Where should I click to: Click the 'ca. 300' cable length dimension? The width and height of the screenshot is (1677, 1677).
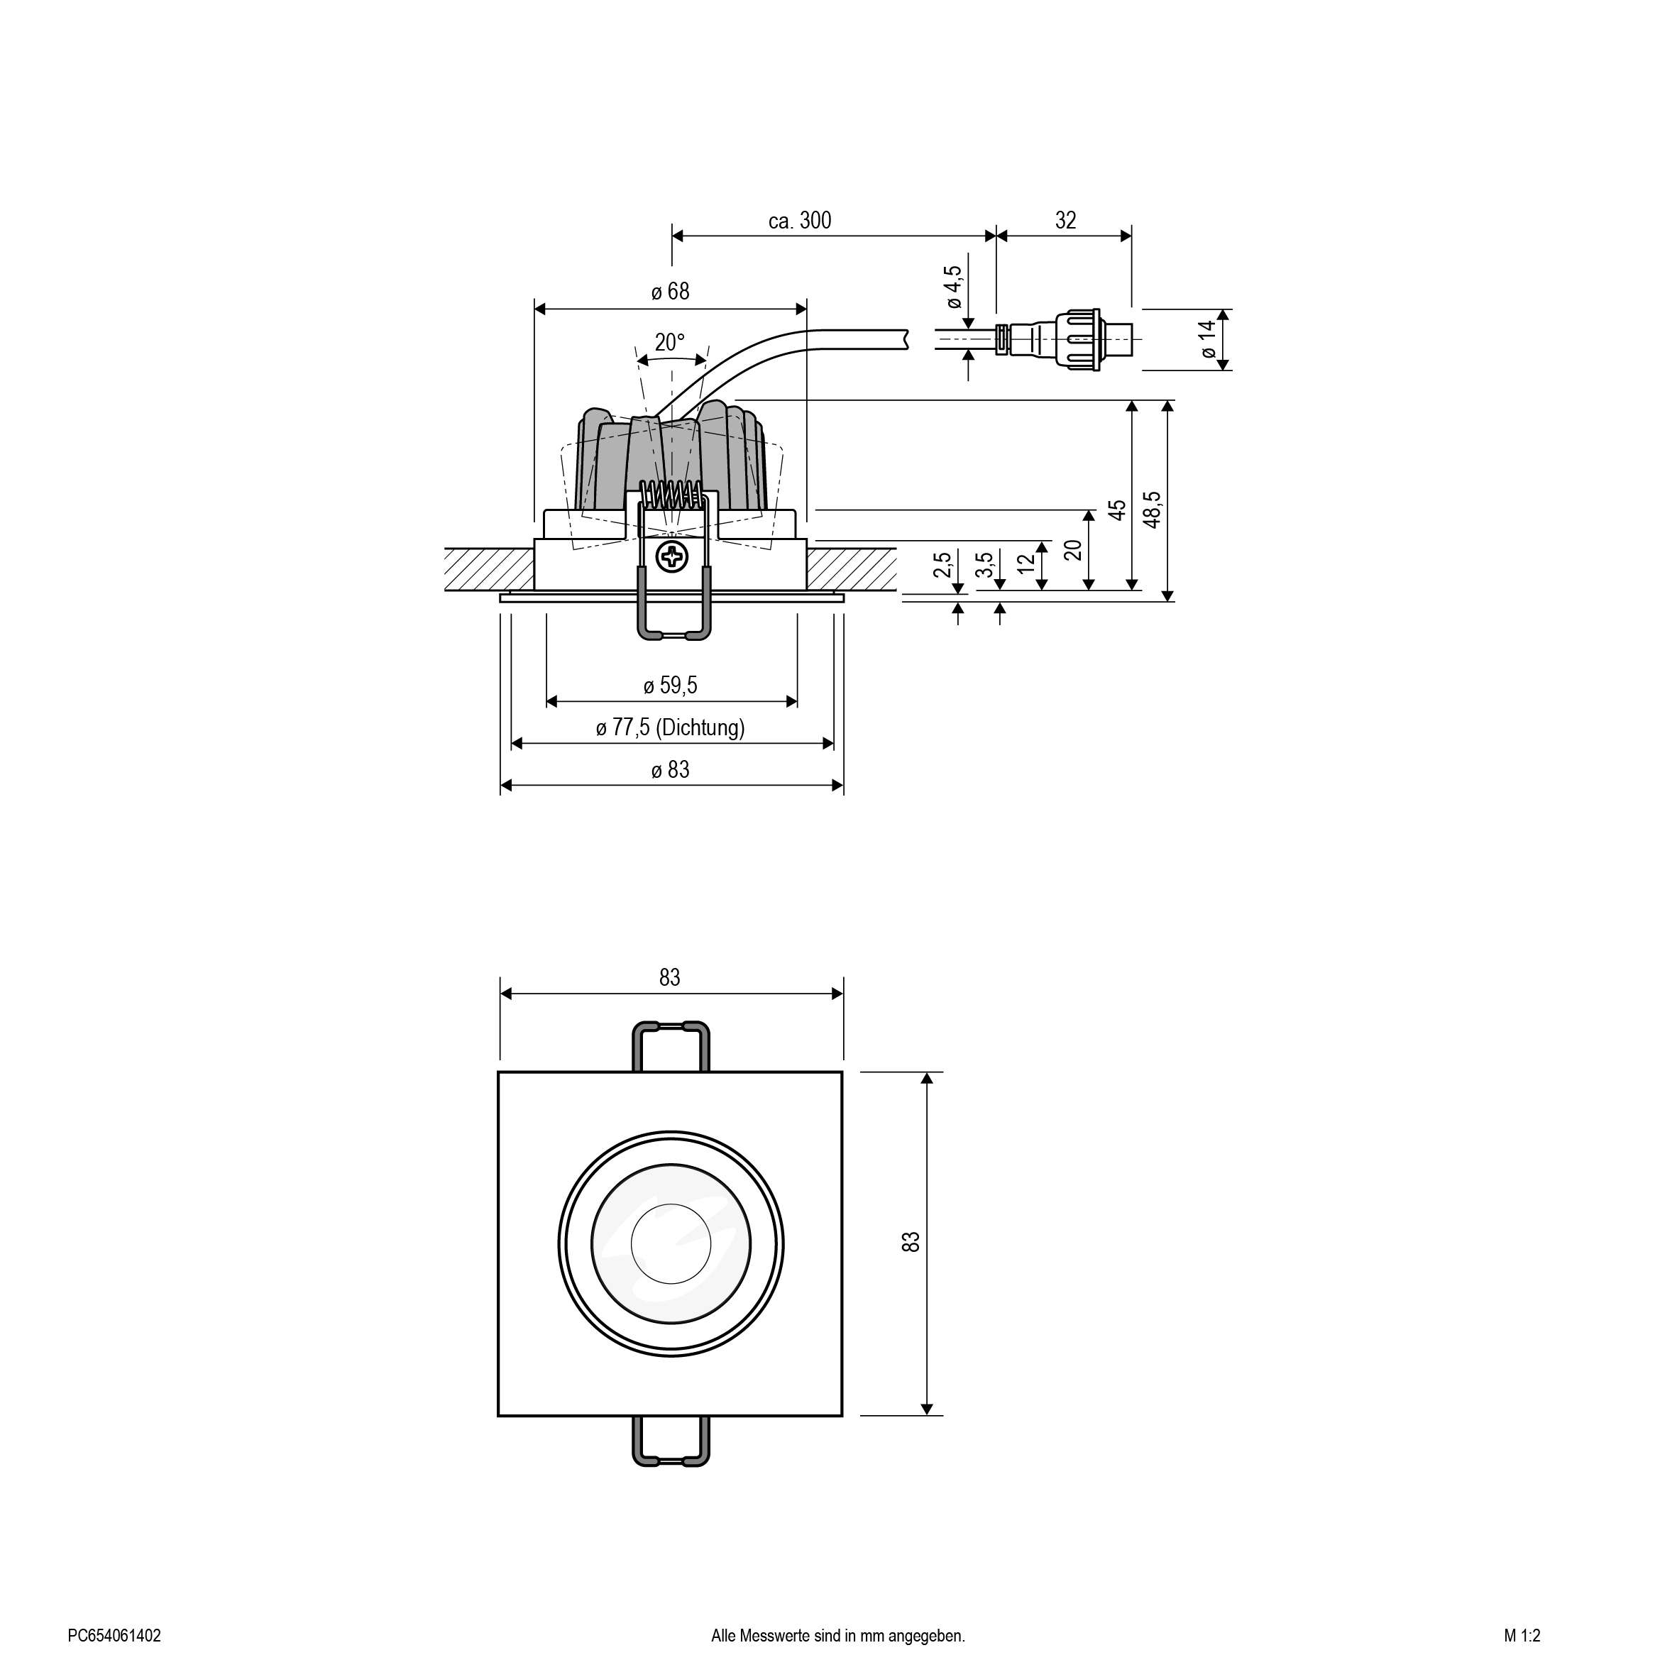pyautogui.click(x=799, y=221)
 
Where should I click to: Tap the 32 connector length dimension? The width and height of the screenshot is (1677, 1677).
pyautogui.click(x=1066, y=221)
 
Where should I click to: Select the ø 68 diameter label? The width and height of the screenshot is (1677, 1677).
pyautogui.click(x=670, y=292)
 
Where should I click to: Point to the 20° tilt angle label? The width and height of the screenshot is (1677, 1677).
pyautogui.click(x=669, y=342)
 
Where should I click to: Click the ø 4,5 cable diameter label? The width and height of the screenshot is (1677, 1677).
pyautogui.click(x=953, y=287)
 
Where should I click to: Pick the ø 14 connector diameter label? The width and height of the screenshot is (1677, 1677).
pyautogui.click(x=1206, y=339)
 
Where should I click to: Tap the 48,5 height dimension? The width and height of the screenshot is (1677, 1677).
pyautogui.click(x=1152, y=510)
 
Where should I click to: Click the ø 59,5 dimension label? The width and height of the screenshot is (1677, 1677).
pyautogui.click(x=670, y=686)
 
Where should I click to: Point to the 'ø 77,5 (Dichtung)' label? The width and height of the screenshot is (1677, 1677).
pyautogui.click(x=670, y=727)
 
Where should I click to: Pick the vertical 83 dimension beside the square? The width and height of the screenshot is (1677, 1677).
pyautogui.click(x=911, y=1242)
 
